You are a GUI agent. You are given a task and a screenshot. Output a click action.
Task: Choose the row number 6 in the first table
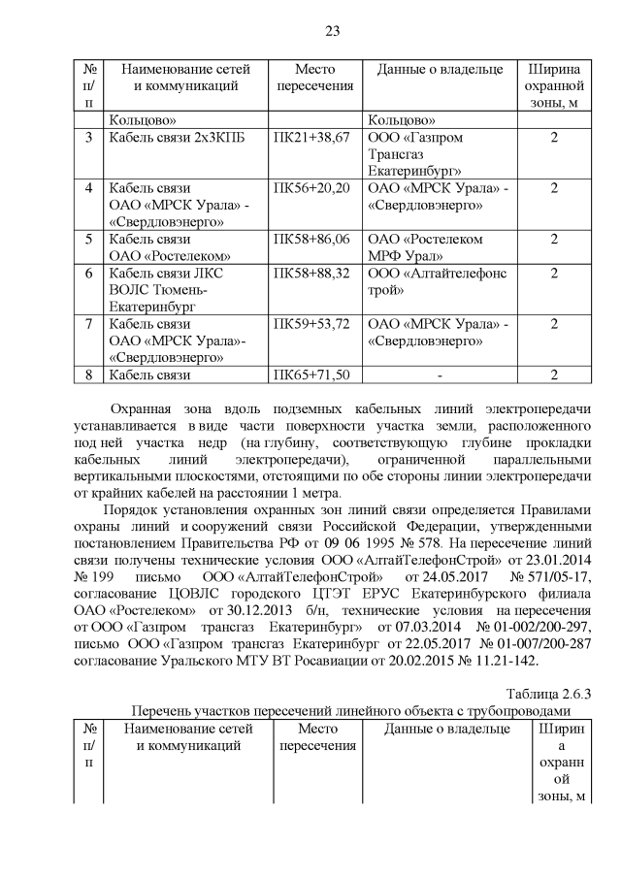pos(88,274)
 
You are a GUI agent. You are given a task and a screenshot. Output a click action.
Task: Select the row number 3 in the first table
pos(88,138)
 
